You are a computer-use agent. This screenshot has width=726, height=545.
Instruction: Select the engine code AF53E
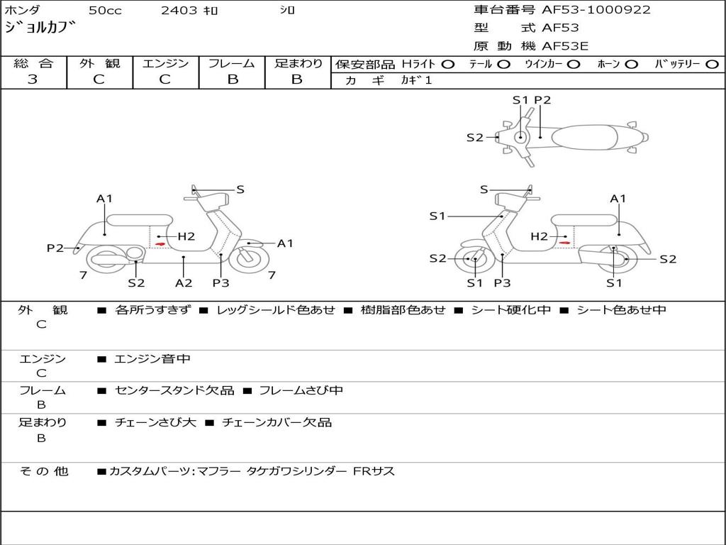coord(565,47)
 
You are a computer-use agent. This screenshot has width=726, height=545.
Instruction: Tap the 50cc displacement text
coord(104,10)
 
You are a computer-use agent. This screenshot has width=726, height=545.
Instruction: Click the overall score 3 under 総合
coord(33,79)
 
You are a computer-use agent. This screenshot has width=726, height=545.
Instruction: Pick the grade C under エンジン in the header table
coord(164,79)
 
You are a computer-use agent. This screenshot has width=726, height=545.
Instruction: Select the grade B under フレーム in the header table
coord(233,79)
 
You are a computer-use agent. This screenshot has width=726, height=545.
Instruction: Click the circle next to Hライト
coord(448,64)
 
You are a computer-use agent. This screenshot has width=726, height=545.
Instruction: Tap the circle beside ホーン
coord(632,64)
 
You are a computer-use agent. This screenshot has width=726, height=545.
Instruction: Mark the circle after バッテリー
coord(711,64)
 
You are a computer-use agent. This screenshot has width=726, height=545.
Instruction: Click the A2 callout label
coord(184,282)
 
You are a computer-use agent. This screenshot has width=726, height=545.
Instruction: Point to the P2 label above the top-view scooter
coord(542,100)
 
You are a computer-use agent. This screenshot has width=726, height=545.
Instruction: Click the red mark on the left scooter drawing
coord(161,244)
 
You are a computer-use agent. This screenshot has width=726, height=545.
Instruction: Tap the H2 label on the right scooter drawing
coord(540,236)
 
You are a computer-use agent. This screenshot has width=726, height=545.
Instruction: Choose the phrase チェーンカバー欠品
coord(277,422)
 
